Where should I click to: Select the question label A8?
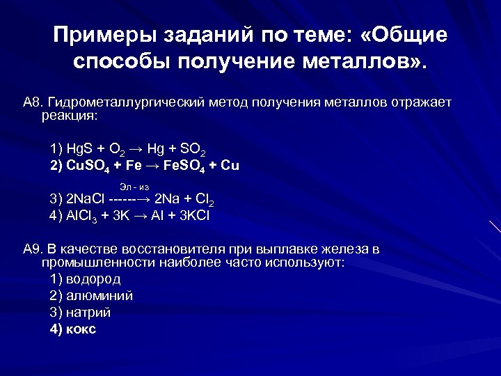(32, 103)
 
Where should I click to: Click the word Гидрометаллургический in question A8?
(124, 103)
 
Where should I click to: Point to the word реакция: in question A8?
(70, 115)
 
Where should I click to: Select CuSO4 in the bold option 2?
(88, 167)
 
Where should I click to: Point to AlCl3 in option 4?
(83, 216)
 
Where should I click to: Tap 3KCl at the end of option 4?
(195, 216)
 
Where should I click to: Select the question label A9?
(32, 249)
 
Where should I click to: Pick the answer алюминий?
(100, 295)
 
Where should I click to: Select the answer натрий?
(89, 312)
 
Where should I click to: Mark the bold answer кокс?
(81, 329)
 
